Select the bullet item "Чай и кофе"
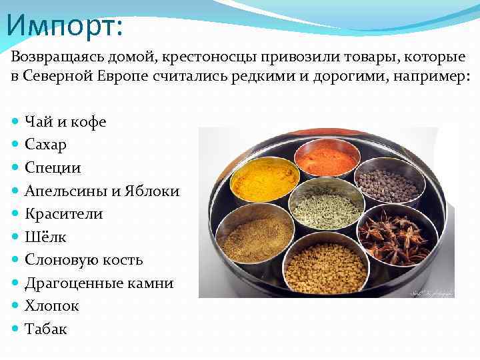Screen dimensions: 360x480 coord(65,121)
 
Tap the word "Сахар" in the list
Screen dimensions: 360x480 coord(45,144)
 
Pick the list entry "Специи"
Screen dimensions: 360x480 coord(52,167)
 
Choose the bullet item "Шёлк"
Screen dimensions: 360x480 coord(45,237)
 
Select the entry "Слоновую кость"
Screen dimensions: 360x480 coord(83,260)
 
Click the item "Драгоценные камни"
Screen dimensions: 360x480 coord(99,283)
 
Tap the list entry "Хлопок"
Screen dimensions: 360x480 coord(51,306)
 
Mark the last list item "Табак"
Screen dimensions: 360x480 coord(45,329)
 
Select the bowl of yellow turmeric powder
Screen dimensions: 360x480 coord(265,179)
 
